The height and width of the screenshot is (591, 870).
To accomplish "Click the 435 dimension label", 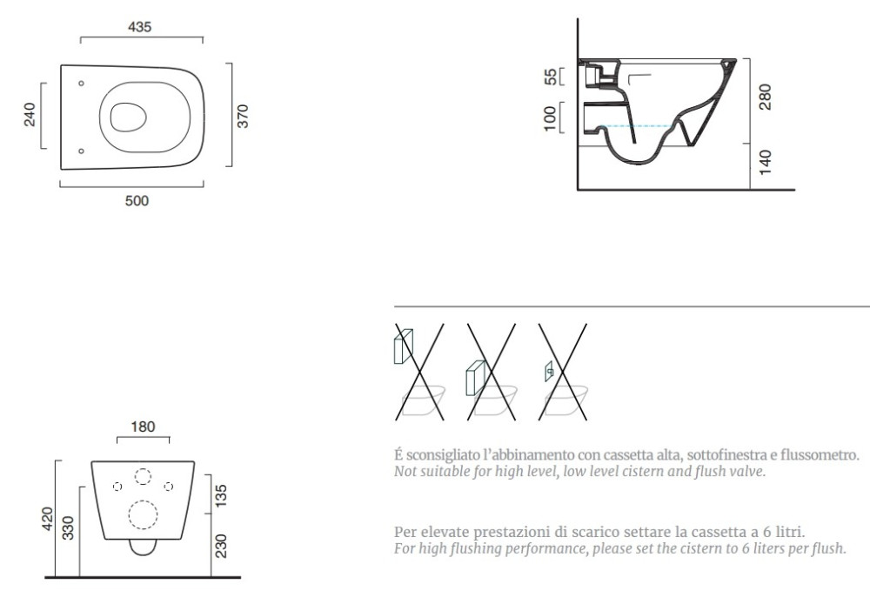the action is pyautogui.click(x=139, y=27).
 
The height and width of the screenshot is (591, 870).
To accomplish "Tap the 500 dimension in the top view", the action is pyautogui.click(x=137, y=200).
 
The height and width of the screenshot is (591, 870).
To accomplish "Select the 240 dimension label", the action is pyautogui.click(x=30, y=115).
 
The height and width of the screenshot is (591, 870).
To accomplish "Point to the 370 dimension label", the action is pyautogui.click(x=243, y=116).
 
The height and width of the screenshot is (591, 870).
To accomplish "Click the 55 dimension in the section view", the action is pyautogui.click(x=550, y=77).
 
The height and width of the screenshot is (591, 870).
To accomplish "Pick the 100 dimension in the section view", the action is pyautogui.click(x=550, y=118).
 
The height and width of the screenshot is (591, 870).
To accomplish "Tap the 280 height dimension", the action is pyautogui.click(x=765, y=97).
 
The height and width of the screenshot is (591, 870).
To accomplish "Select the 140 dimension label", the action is pyautogui.click(x=765, y=162).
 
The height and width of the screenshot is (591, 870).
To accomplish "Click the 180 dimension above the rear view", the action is pyautogui.click(x=143, y=426).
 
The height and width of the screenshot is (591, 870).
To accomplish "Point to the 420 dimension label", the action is pyautogui.click(x=48, y=519).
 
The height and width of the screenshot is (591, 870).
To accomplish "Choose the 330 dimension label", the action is pyautogui.click(x=67, y=527).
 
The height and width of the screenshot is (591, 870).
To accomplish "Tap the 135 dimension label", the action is pyautogui.click(x=221, y=496).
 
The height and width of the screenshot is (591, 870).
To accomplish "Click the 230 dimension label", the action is pyautogui.click(x=221, y=546).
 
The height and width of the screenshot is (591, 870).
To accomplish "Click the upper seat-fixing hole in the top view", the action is pyautogui.click(x=81, y=84).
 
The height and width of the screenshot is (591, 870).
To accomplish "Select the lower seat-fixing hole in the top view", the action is pyautogui.click(x=81, y=151).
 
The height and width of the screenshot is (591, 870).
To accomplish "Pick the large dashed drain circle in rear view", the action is pyautogui.click(x=143, y=514).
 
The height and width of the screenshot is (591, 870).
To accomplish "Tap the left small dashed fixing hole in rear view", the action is pyautogui.click(x=117, y=487).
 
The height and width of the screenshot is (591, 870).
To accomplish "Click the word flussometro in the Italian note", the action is pyautogui.click(x=820, y=455).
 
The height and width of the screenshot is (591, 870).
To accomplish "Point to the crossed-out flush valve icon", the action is pyautogui.click(x=562, y=372).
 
